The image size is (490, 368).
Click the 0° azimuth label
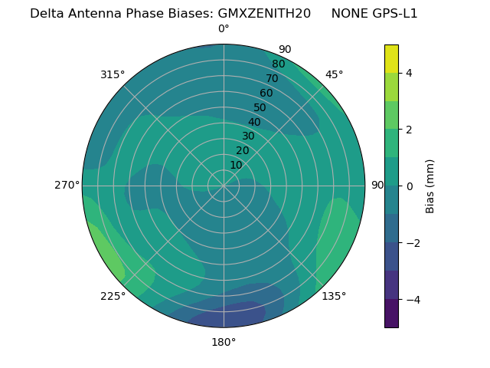click(x=224, y=29)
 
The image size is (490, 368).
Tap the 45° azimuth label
click(x=334, y=74)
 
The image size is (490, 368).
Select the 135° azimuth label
click(x=334, y=296)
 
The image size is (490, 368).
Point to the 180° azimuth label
click(x=224, y=342)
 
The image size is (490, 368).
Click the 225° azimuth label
click(x=113, y=296)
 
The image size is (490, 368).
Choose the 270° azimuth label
click(x=67, y=186)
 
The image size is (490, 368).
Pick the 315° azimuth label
click(x=113, y=74)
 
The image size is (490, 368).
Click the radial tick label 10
click(x=236, y=165)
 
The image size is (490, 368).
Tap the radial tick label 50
click(x=260, y=107)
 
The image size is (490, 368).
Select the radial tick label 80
click(x=279, y=64)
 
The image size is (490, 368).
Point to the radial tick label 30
click(x=248, y=136)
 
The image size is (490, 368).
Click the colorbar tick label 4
click(x=410, y=73)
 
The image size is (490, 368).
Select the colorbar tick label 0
click(x=410, y=186)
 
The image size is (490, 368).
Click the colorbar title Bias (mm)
click(x=430, y=186)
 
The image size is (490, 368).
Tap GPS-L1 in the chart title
click(x=394, y=13)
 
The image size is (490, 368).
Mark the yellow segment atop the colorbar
click(x=391, y=58)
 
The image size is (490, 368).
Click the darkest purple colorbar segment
click(x=391, y=314)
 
